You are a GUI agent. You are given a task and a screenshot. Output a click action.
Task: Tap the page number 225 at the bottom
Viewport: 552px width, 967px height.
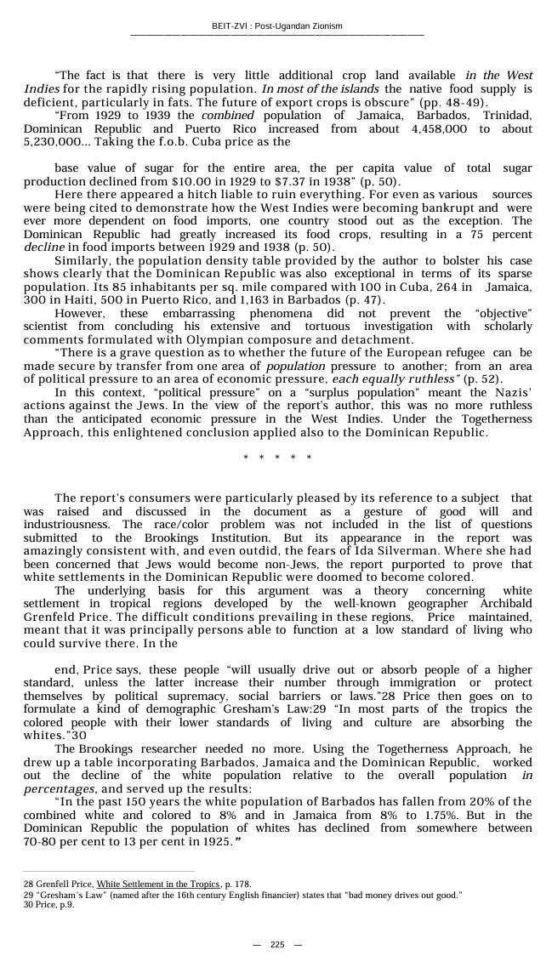click(277, 945)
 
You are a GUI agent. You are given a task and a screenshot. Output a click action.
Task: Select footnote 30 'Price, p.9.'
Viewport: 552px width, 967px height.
click(49, 904)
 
